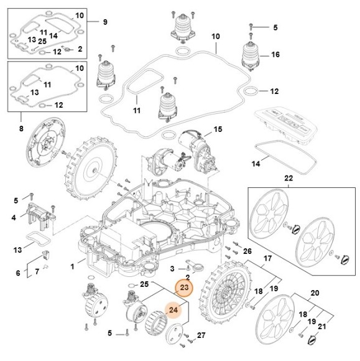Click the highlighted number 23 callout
(x=184, y=288)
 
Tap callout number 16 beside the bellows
(x=275, y=55)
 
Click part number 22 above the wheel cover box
(x=288, y=178)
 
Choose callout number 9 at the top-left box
(x=105, y=22)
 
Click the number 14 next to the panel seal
(x=255, y=164)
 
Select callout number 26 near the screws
(x=247, y=251)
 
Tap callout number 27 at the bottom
(x=200, y=335)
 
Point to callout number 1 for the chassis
(x=73, y=266)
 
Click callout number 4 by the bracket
(x=14, y=218)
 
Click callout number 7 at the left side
(x=37, y=271)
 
